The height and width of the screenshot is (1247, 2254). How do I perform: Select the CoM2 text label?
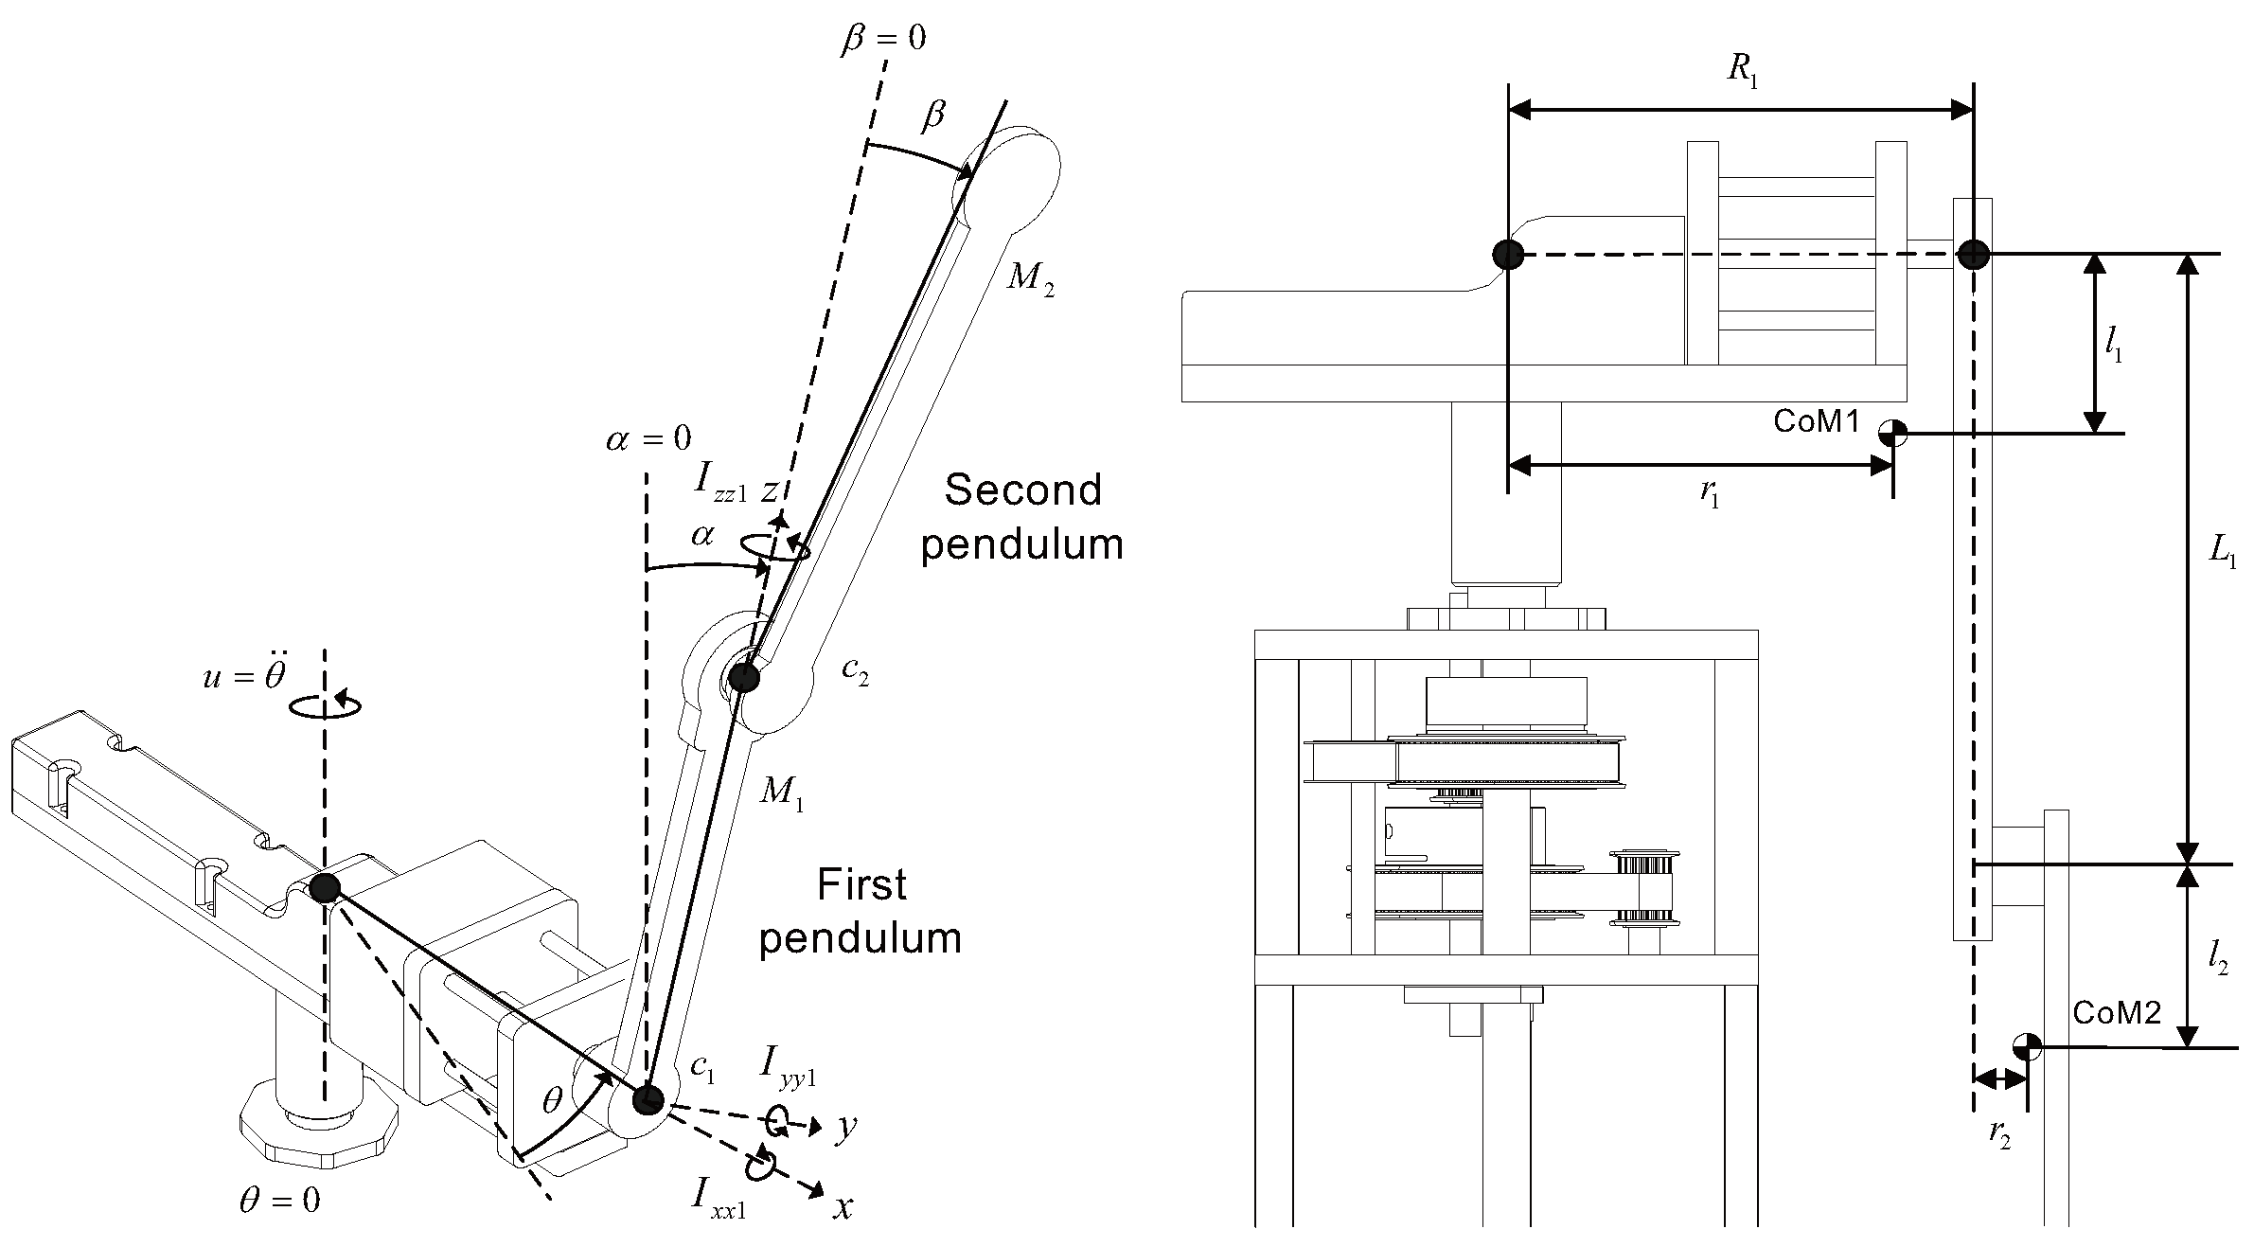coord(2117,1013)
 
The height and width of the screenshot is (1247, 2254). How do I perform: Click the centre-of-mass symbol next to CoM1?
coord(1892,434)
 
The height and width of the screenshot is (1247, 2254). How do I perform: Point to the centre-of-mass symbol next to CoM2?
coord(2027,1047)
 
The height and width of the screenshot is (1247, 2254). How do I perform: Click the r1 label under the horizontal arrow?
coord(1710,494)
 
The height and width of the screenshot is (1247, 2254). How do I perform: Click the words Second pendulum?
coord(1022,517)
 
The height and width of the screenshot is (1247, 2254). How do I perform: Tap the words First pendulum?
coord(861,911)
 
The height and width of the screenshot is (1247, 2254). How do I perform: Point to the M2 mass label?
coord(1030,278)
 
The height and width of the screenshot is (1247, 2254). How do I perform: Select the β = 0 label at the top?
coord(882,38)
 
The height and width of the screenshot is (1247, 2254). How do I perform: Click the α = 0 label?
coord(648,438)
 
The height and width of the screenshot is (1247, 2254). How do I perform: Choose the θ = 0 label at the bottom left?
coord(279,1201)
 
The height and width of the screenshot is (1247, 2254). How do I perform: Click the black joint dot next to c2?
coord(744,678)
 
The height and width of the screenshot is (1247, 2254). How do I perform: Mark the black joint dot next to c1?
coord(648,1099)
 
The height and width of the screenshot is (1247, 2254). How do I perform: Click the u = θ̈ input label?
coord(244,676)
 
